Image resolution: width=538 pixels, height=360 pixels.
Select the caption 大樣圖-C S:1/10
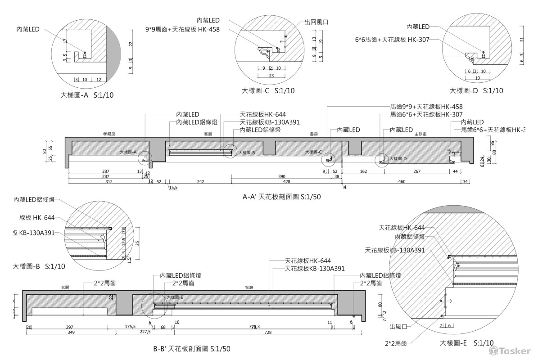(268, 90)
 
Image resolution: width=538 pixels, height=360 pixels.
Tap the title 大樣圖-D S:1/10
(477, 90)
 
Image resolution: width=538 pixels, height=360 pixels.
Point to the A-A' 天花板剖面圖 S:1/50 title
(281, 197)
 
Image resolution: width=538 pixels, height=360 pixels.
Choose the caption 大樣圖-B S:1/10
(39, 266)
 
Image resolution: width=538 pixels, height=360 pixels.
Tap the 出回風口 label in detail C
(316, 21)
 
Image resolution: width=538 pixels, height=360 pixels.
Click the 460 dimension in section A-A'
(402, 182)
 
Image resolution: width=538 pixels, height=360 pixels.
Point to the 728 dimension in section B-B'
(268, 332)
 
